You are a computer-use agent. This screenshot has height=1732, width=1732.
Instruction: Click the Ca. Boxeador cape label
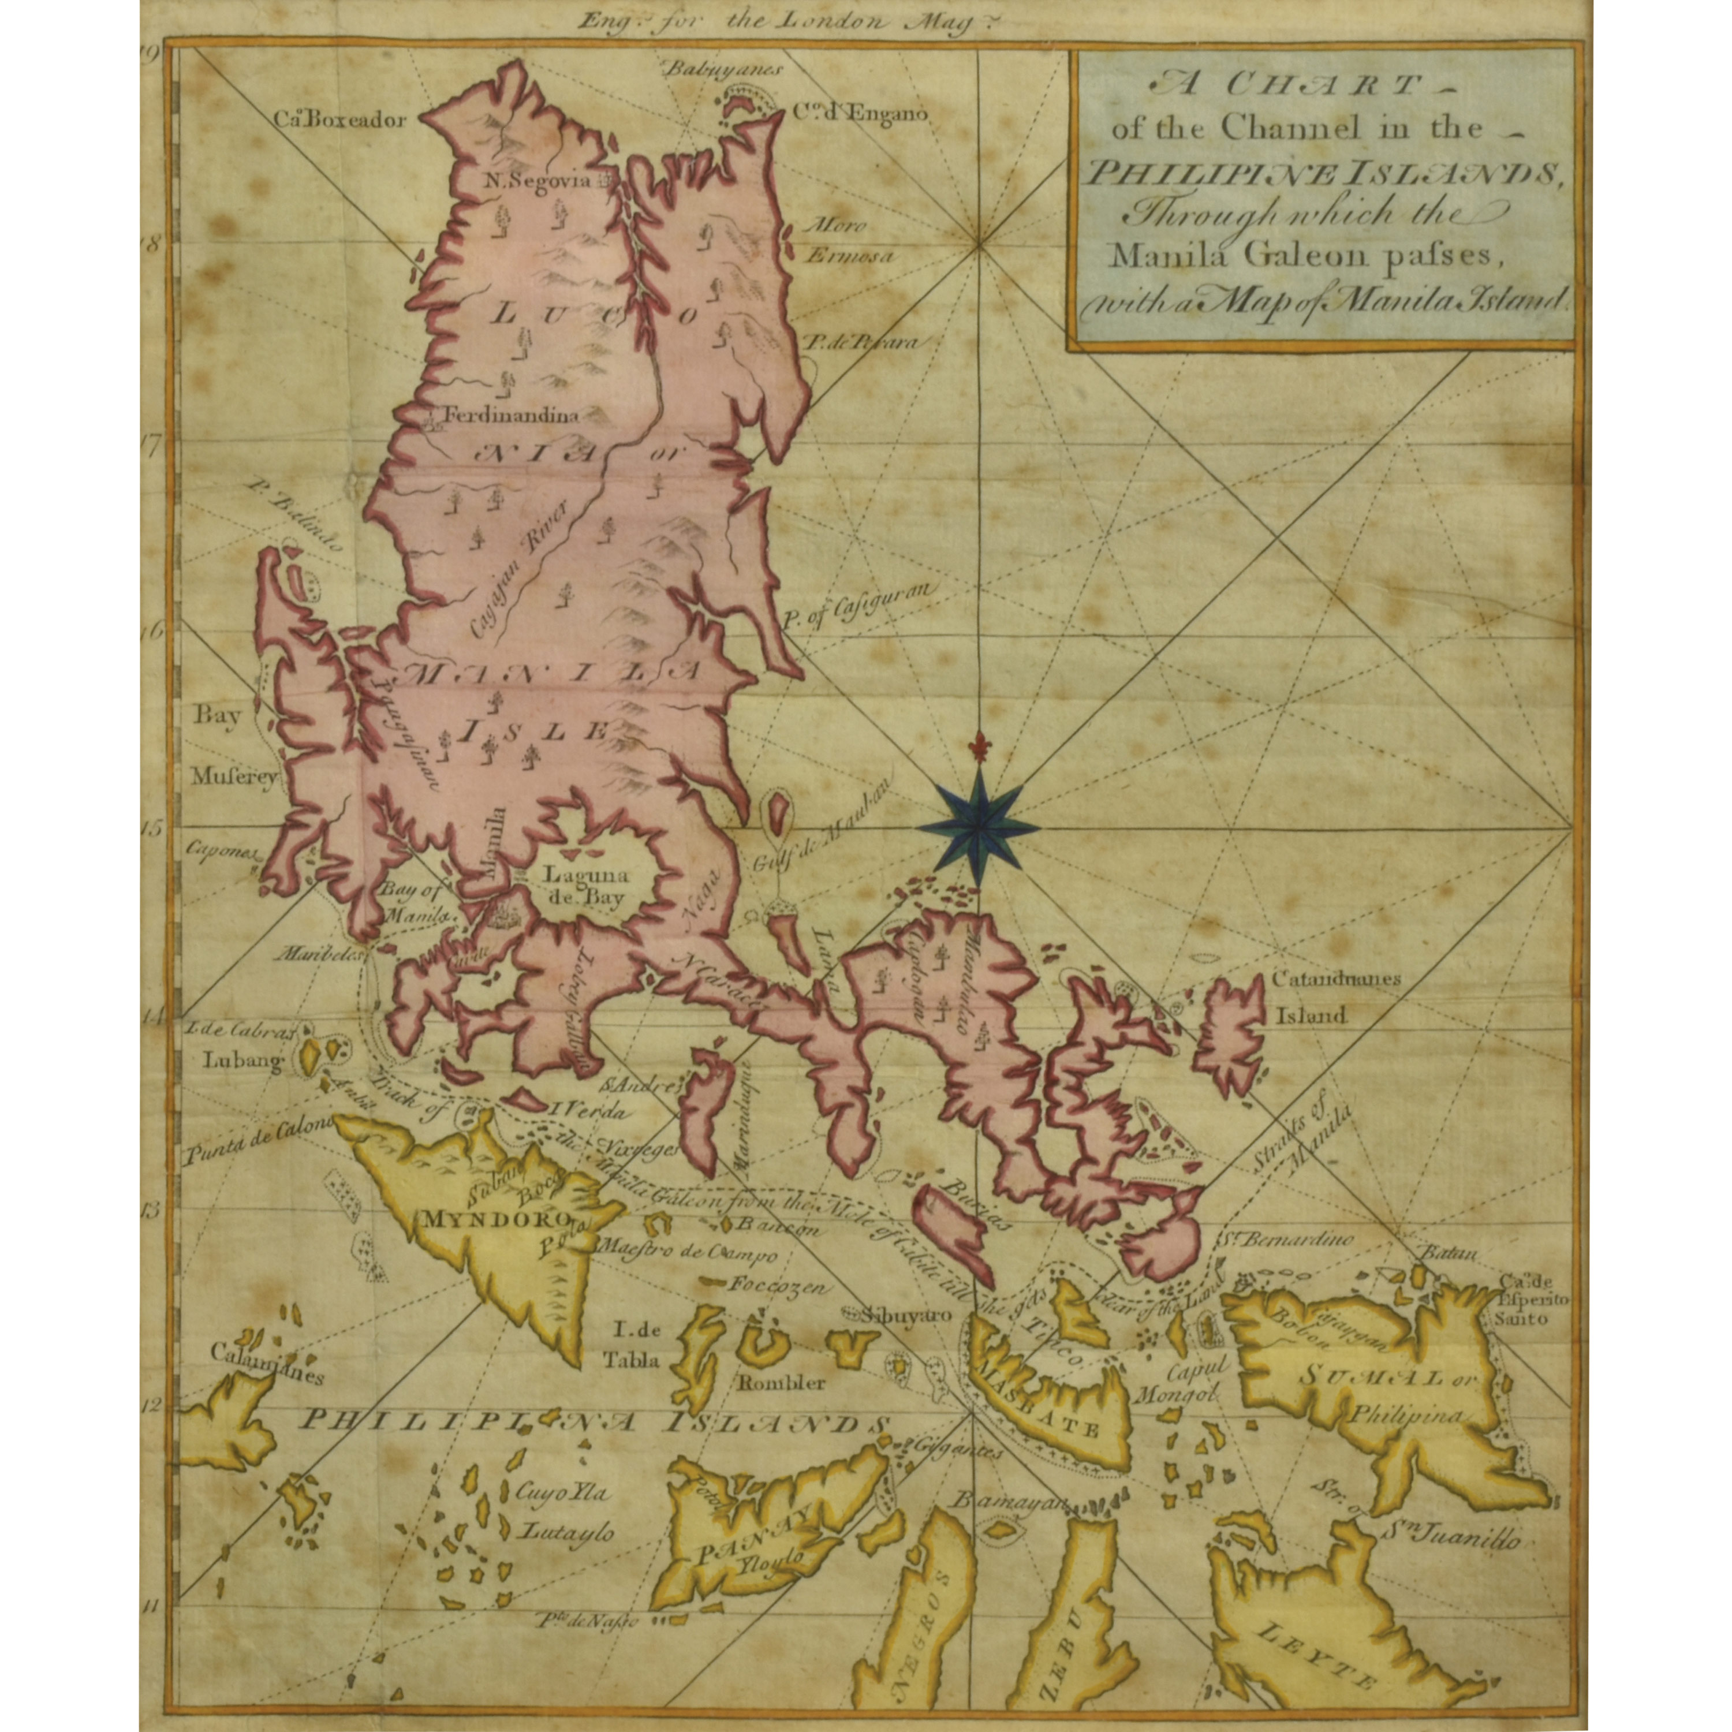[x=341, y=120]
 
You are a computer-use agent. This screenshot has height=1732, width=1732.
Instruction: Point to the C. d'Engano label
[x=859, y=114]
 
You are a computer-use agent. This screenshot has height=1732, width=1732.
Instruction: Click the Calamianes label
[x=267, y=1369]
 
